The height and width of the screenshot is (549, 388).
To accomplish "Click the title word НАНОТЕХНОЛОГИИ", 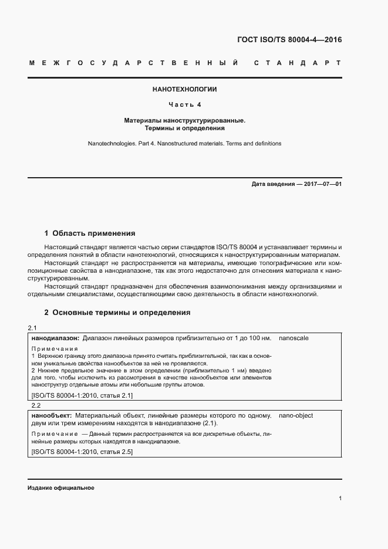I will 185,90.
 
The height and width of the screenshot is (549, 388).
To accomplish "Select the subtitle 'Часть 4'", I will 185,105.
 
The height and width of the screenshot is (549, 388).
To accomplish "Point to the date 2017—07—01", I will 320,184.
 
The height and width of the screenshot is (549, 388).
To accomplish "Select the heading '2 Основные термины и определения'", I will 117,313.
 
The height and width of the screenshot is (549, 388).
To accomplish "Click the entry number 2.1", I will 33,328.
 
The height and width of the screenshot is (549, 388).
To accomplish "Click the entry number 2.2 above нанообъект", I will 33,405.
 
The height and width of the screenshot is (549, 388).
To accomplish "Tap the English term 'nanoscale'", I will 294,338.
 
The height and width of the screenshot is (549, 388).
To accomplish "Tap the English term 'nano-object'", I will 296,416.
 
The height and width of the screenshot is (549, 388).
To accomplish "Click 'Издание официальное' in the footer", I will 60,488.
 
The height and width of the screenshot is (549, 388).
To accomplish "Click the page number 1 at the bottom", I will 340,499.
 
